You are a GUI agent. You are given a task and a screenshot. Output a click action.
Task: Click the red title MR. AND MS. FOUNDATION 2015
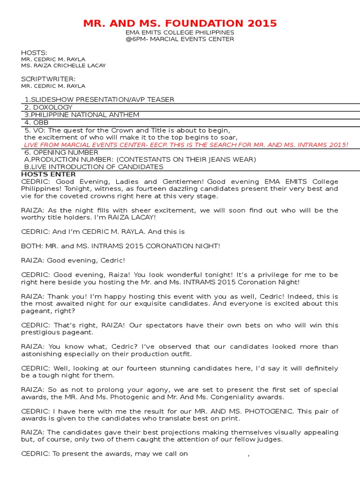pyautogui.click(x=180, y=23)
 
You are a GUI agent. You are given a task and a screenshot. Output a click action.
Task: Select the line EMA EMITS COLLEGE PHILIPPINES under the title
pyautogui.click(x=180, y=32)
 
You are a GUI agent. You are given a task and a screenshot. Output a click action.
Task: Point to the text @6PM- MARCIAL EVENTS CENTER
pyautogui.click(x=180, y=39)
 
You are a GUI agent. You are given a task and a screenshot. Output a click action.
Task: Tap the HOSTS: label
pyautogui.click(x=34, y=52)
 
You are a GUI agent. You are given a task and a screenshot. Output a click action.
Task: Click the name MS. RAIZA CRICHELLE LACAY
pyautogui.click(x=63, y=66)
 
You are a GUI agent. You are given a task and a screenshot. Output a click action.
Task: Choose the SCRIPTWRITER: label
pyautogui.click(x=48, y=79)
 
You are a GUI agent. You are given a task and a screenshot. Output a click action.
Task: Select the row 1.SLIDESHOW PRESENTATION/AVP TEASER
pyautogui.click(x=99, y=99)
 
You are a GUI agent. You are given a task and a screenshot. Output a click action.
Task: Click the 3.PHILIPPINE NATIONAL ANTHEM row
pyautogui.click(x=82, y=115)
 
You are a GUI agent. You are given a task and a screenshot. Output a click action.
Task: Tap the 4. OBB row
pyautogui.click(x=37, y=122)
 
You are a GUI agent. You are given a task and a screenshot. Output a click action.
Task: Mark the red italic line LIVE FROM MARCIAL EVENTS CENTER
pyautogui.click(x=186, y=145)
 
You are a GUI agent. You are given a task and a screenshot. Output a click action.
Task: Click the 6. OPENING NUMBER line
pyautogui.click(x=61, y=152)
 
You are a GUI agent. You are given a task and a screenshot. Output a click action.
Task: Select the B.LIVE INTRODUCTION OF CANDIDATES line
pyautogui.click(x=94, y=167)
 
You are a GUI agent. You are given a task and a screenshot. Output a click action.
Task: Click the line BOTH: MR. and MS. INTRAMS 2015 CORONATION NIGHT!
pyautogui.click(x=120, y=246)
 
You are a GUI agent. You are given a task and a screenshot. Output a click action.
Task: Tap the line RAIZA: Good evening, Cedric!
pyautogui.click(x=73, y=260)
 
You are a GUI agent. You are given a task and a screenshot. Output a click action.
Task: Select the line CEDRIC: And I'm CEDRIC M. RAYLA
pyautogui.click(x=103, y=232)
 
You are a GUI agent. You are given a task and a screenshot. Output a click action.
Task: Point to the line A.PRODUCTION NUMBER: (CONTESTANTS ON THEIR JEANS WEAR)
pyautogui.click(x=140, y=159)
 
